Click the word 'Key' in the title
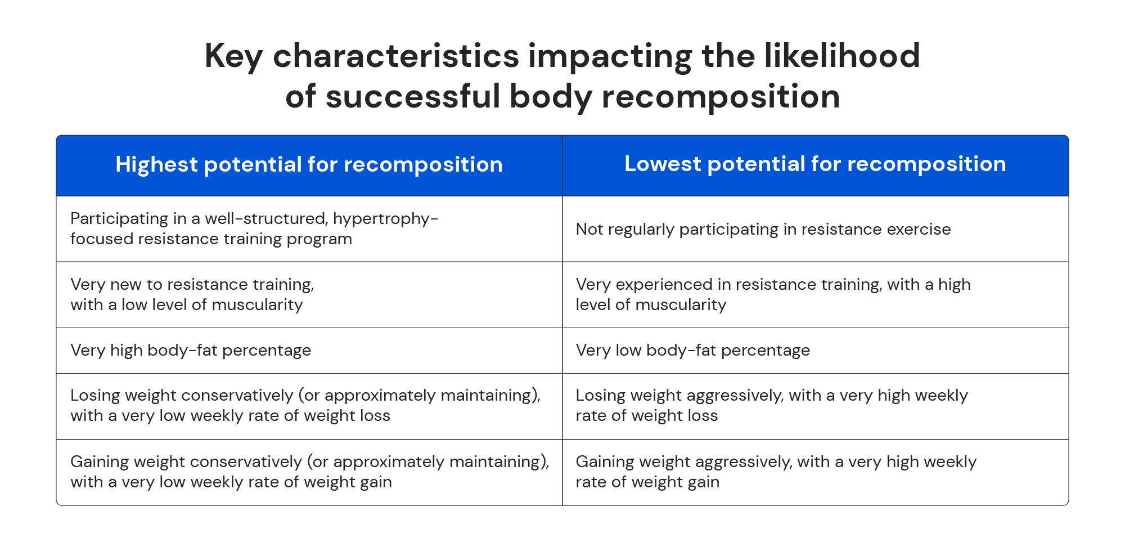click(x=233, y=57)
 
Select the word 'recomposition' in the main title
click(x=721, y=97)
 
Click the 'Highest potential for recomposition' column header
click(x=309, y=165)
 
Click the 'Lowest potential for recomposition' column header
click(x=815, y=164)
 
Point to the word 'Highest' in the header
click(x=156, y=165)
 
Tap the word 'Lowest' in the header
click(x=662, y=164)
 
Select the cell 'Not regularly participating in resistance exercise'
click(x=763, y=230)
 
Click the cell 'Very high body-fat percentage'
click(x=191, y=351)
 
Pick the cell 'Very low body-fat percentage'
click(x=692, y=351)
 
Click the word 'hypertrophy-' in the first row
click(x=385, y=219)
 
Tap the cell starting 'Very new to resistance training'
click(x=192, y=294)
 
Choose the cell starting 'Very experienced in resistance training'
click(x=773, y=294)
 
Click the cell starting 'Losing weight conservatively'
click(x=305, y=406)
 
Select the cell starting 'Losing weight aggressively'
click(x=771, y=406)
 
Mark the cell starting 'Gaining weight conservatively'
click(x=309, y=472)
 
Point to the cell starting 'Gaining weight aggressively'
click(x=776, y=472)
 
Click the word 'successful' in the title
click(x=412, y=97)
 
